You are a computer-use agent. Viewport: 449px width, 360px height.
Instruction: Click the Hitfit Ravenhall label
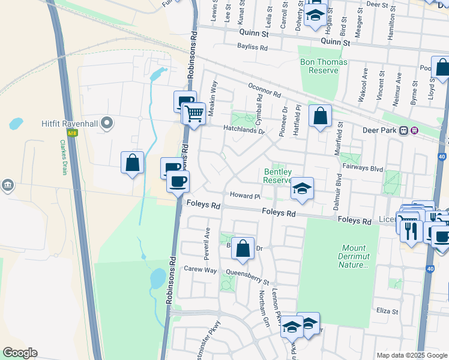68,124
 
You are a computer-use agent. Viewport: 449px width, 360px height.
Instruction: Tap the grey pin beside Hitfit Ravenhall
107,124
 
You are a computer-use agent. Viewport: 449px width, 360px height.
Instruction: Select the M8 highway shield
73,133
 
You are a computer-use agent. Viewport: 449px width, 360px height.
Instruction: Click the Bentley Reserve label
278,176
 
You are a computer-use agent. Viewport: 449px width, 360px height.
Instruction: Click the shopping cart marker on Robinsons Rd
193,112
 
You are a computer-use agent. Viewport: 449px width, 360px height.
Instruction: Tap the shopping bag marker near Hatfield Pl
321,115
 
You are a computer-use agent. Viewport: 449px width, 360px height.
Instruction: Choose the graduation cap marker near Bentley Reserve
303,188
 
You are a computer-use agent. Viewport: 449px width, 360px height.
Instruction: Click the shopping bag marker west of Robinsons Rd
132,162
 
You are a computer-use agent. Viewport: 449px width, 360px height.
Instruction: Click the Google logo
20,353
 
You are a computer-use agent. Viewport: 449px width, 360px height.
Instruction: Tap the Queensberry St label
248,277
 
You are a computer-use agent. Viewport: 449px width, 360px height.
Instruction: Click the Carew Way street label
200,269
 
